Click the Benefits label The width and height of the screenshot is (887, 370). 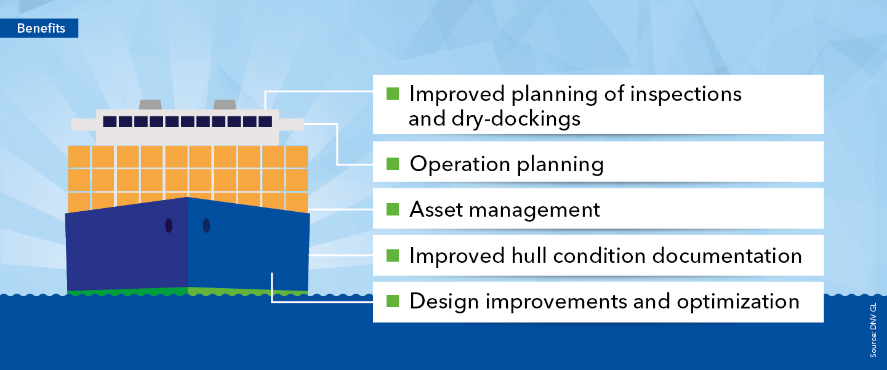tap(41, 28)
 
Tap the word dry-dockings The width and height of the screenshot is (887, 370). tap(516, 119)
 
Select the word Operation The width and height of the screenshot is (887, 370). tap(460, 164)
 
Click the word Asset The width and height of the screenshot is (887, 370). tap(436, 209)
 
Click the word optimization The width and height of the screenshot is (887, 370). tap(738, 302)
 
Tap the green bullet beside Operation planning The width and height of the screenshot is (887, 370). tap(393, 164)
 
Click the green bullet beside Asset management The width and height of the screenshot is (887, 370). tap(393, 209)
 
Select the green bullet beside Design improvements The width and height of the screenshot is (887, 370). tap(393, 301)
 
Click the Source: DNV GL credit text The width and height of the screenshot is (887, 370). tap(873, 330)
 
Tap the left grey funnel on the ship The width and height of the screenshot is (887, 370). tap(150, 105)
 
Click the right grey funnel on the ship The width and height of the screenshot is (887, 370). tap(225, 105)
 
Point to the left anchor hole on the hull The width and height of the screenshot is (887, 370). tap(169, 225)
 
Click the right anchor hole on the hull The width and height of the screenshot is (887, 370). tap(206, 225)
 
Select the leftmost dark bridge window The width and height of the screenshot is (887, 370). tap(110, 121)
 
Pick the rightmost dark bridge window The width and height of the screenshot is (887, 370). tap(265, 121)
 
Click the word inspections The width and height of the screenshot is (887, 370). tap(686, 94)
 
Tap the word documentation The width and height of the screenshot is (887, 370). tap(727, 255)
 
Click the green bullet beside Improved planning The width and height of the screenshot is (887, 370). tap(393, 94)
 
